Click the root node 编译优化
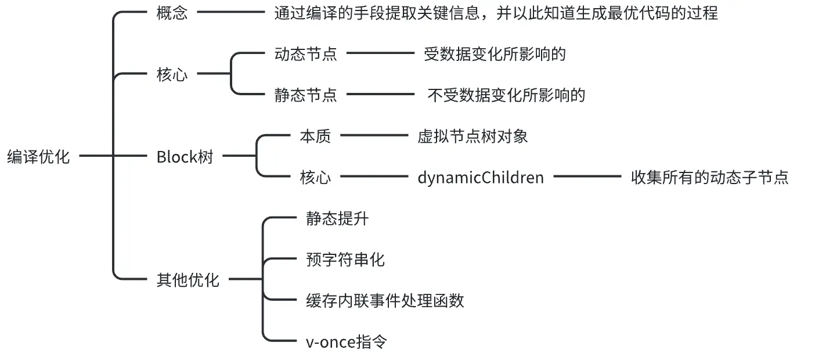pos(38,157)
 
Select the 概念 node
pos(172,13)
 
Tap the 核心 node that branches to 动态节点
pos(172,75)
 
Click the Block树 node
pos(185,157)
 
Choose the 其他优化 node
pos(188,280)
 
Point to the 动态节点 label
pos(306,54)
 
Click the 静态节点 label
pos(306,95)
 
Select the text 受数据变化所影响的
pos(495,54)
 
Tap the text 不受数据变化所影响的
pos(506,95)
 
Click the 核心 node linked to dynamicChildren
pos(315,177)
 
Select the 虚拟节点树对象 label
pos(473,136)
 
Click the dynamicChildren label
pos(481,177)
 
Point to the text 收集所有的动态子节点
pos(710,177)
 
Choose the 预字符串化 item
pos(345,259)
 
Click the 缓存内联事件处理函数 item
pos(385,300)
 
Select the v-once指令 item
pos(346,341)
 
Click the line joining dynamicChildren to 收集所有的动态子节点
pos(587,176)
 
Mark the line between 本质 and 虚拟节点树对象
pos(375,136)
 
